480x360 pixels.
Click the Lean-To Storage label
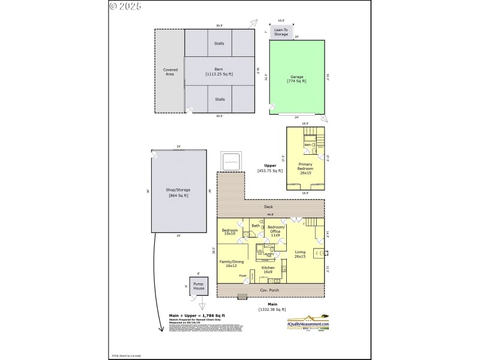coord(281,32)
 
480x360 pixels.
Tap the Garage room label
coord(297,79)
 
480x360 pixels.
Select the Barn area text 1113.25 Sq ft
coord(219,74)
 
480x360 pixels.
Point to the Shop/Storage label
coord(178,192)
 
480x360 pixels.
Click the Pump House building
coord(198,286)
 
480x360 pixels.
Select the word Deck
coord(269,207)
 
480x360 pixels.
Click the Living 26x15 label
coord(300,254)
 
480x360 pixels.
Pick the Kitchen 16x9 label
coord(268,269)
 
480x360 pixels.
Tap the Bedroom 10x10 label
coord(230,232)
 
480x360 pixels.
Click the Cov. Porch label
coord(269,290)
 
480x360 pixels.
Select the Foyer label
coord(243,275)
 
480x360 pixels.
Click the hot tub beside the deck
coord(232,161)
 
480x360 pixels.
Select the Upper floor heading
coord(270,166)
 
